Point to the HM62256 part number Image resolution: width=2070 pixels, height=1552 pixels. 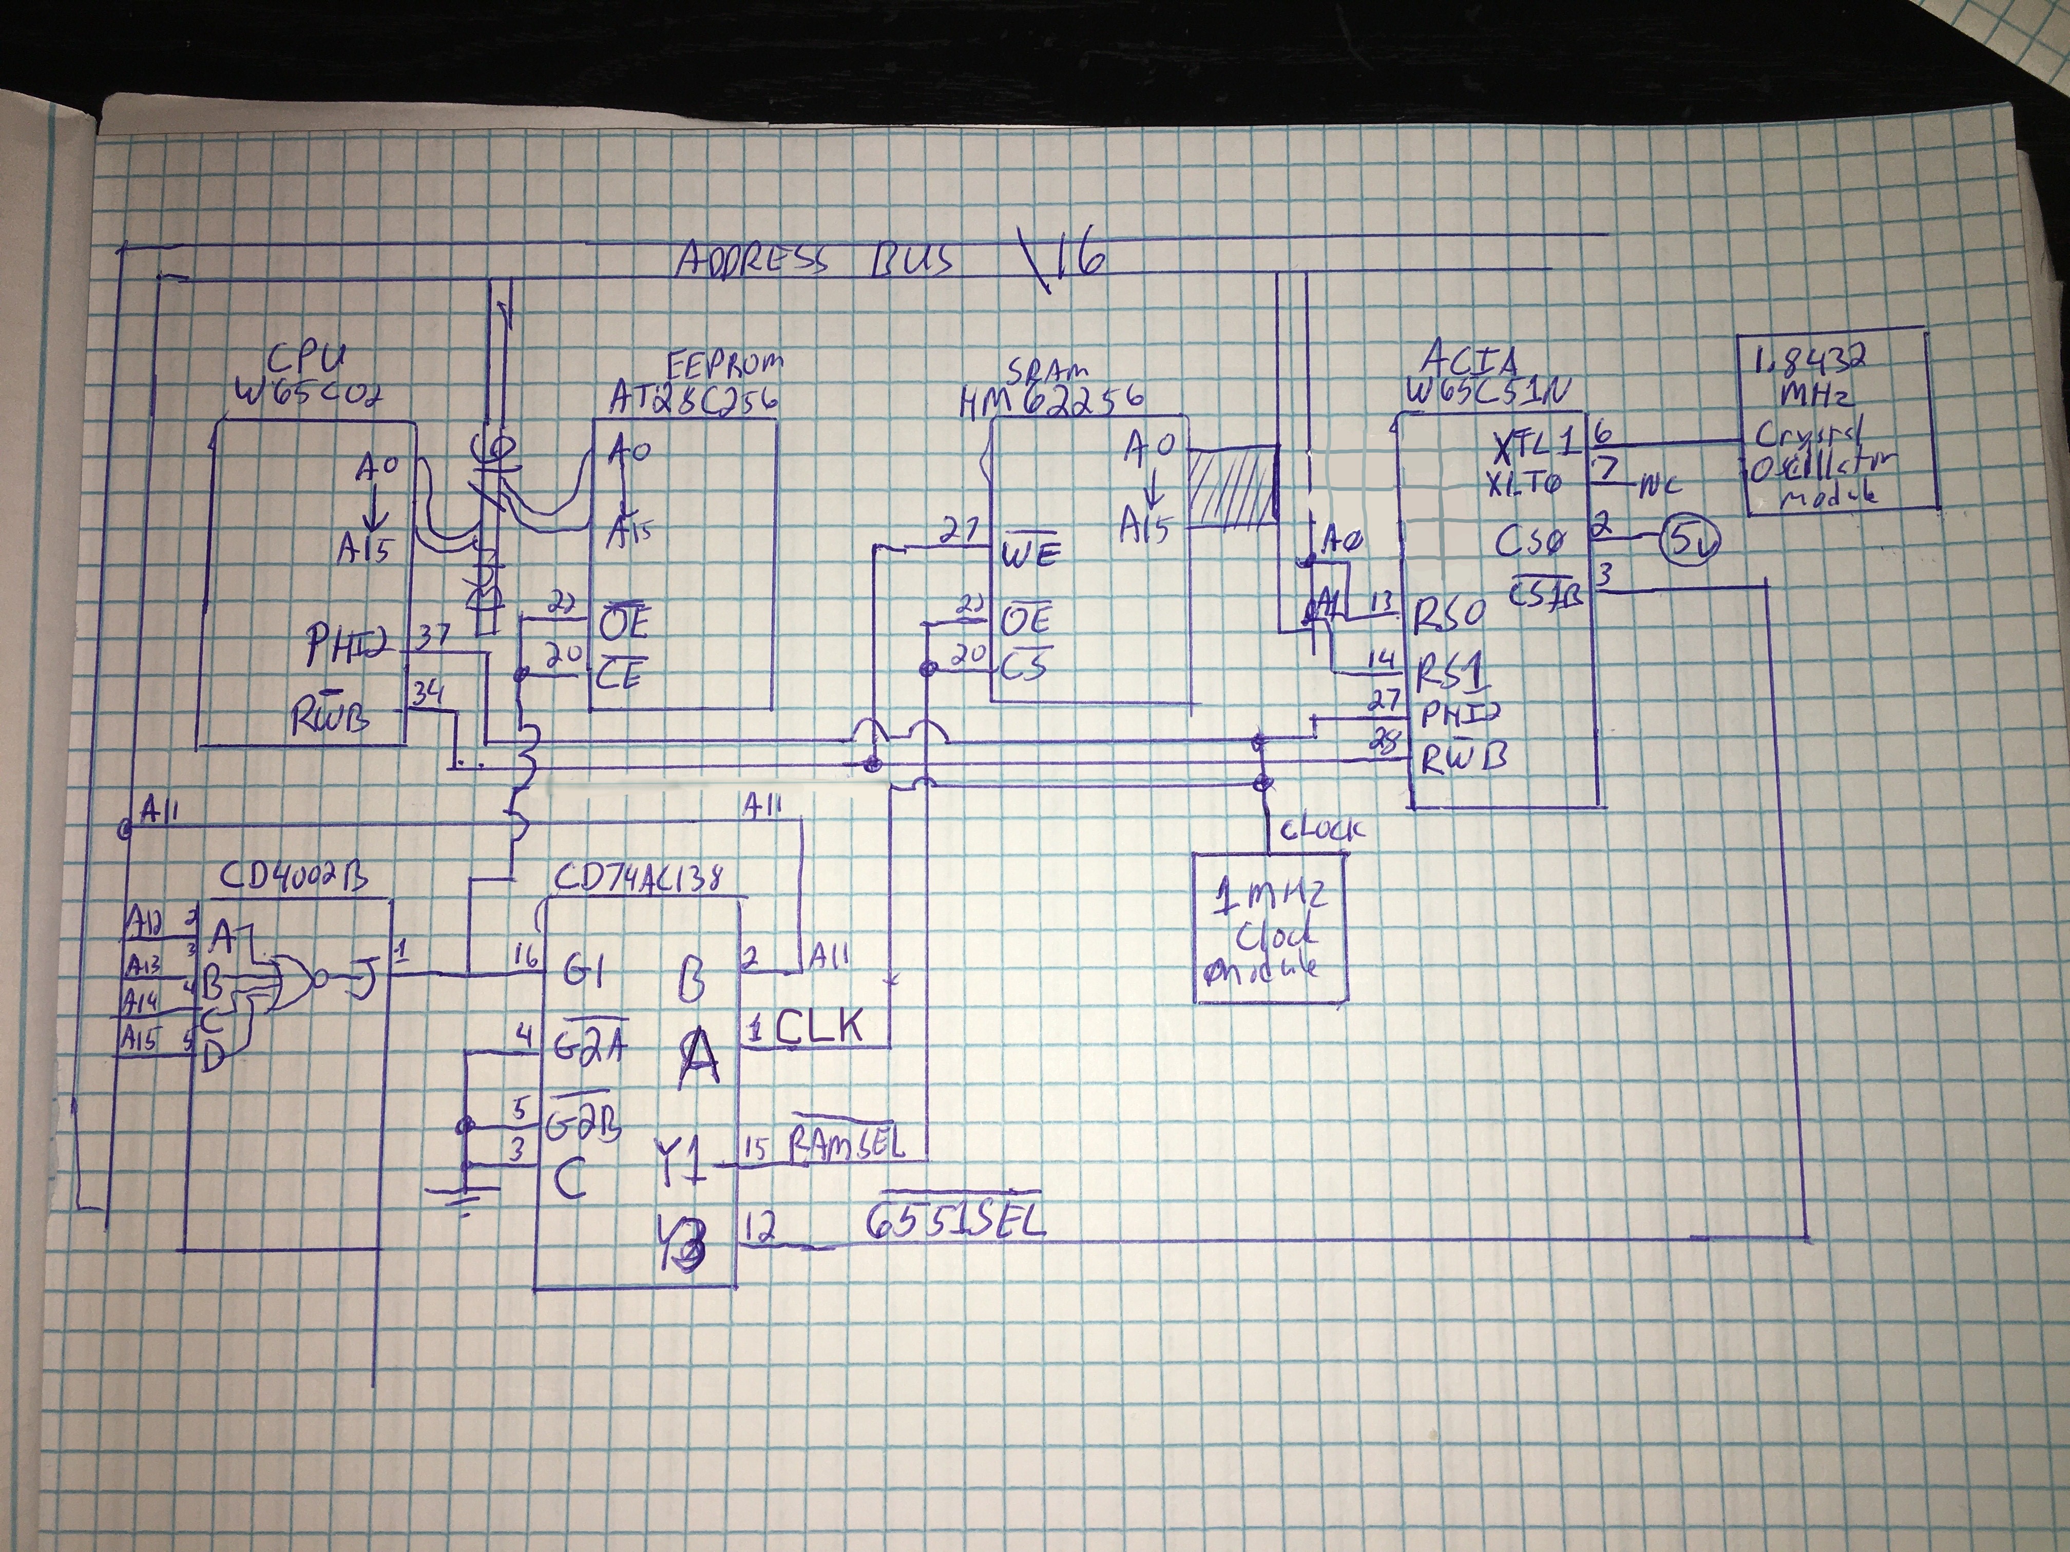[1050, 400]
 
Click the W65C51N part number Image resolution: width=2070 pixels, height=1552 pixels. [1488, 393]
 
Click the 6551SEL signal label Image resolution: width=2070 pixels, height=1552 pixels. [954, 1223]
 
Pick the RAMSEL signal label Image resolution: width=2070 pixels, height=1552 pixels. [848, 1143]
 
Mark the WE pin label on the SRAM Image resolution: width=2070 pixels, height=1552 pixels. [1030, 554]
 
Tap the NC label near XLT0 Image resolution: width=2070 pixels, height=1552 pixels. [1661, 486]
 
